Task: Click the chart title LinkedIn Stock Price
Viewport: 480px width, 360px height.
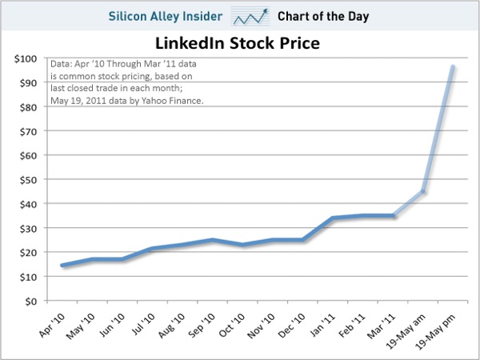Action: coord(240,42)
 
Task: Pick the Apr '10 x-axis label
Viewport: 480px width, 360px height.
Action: coord(50,323)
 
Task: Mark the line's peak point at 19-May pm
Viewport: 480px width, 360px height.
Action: coord(454,67)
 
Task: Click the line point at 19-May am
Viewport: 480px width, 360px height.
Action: coord(423,192)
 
